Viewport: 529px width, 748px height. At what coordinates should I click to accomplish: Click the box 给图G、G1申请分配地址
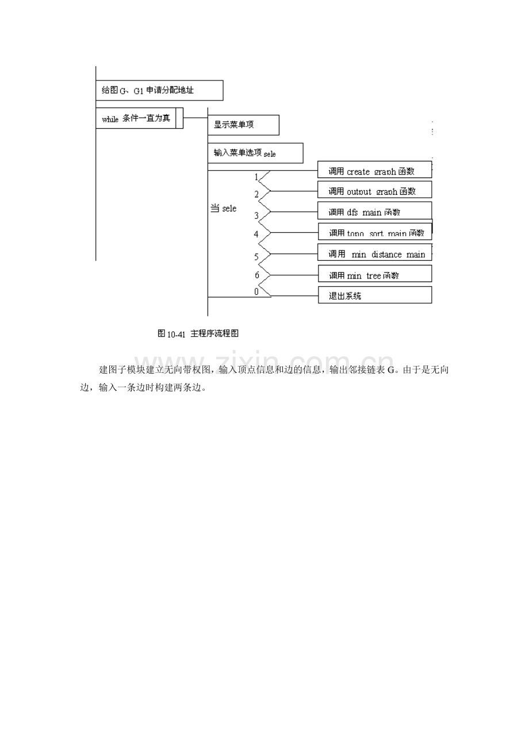point(159,90)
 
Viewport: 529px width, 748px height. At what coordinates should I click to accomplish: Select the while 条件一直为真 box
point(139,118)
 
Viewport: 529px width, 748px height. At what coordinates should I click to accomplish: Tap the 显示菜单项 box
point(243,124)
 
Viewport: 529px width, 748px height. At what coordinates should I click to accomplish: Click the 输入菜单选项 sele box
point(255,153)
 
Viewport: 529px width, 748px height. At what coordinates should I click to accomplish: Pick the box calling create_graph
point(374,170)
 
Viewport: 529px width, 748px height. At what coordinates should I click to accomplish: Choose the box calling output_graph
point(374,190)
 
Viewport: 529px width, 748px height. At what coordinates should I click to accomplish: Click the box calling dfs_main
point(374,211)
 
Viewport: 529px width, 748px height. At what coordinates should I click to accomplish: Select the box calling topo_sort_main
point(374,232)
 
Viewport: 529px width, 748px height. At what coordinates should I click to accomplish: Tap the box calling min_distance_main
point(374,253)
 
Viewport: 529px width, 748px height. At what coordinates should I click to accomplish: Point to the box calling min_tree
point(374,275)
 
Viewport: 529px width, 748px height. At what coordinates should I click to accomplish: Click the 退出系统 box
point(374,296)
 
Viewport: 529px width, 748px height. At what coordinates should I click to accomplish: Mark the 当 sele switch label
point(223,208)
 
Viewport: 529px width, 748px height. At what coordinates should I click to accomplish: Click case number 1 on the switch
point(256,177)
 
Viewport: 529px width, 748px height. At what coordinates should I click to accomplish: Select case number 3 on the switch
point(256,216)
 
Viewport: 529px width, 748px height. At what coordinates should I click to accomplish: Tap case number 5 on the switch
point(256,256)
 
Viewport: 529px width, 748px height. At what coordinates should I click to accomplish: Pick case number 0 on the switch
point(256,291)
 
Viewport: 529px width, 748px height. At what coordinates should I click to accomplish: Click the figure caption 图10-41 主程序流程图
point(197,334)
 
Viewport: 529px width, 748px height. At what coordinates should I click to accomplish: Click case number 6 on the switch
point(257,275)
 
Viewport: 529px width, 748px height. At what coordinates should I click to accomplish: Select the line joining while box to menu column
point(195,118)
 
